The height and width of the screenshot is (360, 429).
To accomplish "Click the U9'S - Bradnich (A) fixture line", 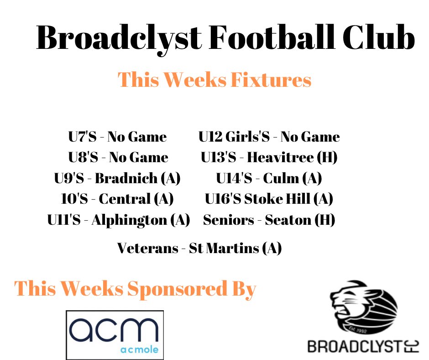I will coord(117,178).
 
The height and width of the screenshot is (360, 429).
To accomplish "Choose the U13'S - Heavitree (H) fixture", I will coord(269,158).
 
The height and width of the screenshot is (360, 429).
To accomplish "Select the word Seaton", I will coord(288,220).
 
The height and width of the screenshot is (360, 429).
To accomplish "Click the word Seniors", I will coord(228,220).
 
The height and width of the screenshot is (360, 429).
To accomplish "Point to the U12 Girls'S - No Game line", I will coord(269,137).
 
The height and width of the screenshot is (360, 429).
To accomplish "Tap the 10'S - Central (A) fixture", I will coord(117,199).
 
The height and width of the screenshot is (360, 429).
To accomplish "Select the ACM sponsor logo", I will coord(115,335).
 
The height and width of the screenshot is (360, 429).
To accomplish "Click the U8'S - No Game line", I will coord(118,158).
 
